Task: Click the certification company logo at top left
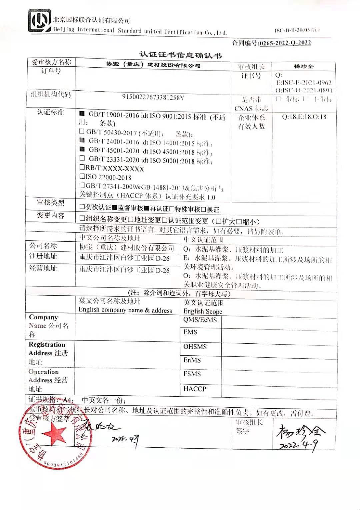pos(40,21)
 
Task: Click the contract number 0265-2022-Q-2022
pos(285,43)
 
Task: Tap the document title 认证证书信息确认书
pos(180,55)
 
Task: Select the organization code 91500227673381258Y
pos(153,97)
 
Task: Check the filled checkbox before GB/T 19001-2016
pos(82,114)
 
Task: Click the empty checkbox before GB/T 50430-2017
pos(82,131)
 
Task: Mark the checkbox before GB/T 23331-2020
pos(82,158)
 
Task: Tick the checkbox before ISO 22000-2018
pos(82,176)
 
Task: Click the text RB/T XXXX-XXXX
pos(115,168)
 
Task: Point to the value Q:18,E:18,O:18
pos(304,117)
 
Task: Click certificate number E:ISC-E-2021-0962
pos(304,83)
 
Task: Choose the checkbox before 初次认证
pos(82,207)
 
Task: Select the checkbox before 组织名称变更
pos(82,219)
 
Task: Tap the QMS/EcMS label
pos(200,320)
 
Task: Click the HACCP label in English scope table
pos(195,389)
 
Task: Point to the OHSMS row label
pos(195,347)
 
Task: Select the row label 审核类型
pos(50,203)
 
